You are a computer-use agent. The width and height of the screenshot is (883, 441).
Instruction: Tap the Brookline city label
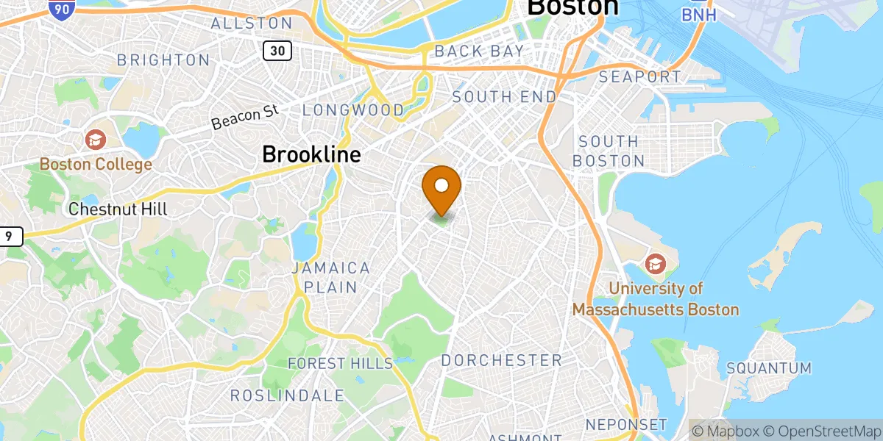coord(311,154)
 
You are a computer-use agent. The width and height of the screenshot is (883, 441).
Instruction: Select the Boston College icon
coord(95,139)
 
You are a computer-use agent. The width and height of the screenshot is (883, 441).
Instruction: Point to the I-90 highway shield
coord(63,9)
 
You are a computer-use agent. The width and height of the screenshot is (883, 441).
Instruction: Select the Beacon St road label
coord(245,117)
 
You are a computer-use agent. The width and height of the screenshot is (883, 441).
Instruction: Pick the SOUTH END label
coord(504,97)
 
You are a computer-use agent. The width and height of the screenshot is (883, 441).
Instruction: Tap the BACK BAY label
coord(479,51)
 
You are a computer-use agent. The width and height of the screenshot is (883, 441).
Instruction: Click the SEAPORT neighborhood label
coord(639,76)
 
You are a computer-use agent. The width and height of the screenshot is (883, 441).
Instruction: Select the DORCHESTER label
coord(501,360)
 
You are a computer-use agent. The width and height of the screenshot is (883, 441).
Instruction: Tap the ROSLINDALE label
coord(287,395)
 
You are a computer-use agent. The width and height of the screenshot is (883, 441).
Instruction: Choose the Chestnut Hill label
coord(118,209)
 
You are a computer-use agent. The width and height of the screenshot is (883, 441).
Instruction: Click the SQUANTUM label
coord(768,367)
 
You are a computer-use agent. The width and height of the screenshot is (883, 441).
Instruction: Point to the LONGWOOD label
coord(353,110)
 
